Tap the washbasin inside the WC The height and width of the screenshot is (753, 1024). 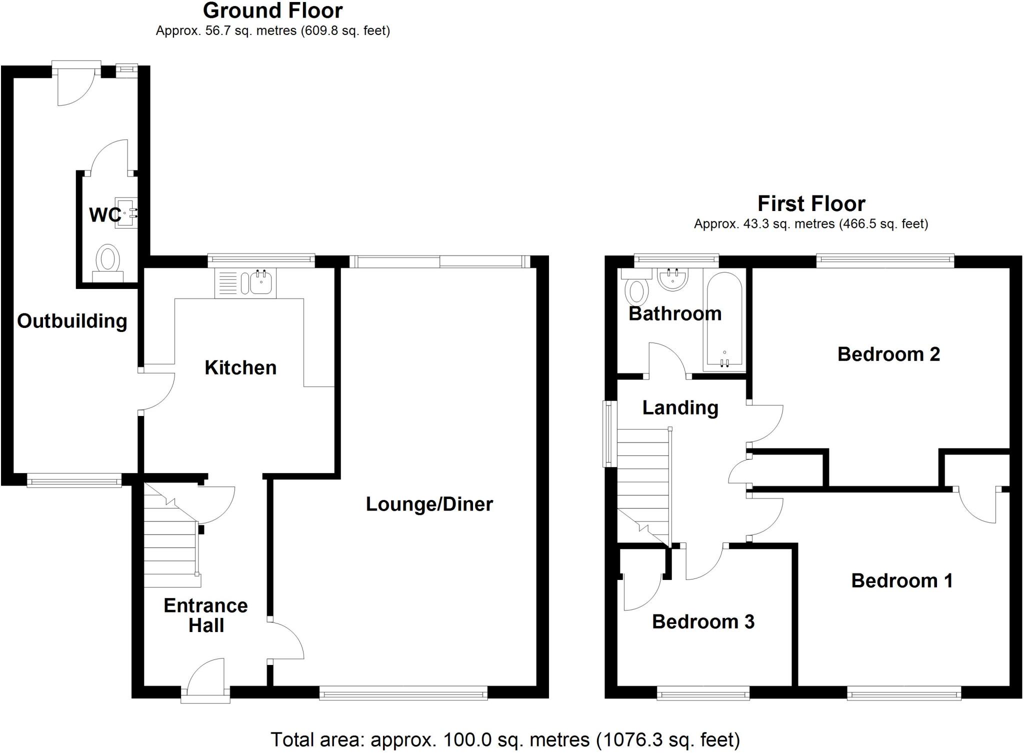[125, 213]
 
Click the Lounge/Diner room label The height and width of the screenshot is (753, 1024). [429, 504]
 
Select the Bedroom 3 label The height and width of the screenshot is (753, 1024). [703, 621]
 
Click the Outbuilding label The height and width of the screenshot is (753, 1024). [72, 321]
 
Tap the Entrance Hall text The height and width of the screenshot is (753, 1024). [205, 615]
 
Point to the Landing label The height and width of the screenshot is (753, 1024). [680, 407]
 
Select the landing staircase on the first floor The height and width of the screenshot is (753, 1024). [643, 485]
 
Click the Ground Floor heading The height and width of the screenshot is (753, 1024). [272, 10]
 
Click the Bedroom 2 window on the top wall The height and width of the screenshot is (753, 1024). [885, 259]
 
